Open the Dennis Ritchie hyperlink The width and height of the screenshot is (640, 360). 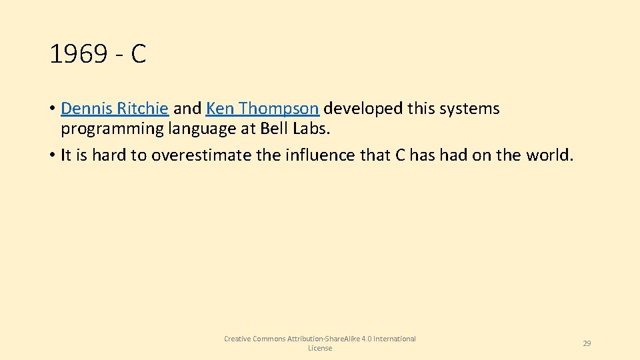114,109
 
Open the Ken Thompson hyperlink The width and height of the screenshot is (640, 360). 263,109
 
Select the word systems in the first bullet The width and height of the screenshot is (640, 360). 471,109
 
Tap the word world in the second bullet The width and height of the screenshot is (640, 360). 547,155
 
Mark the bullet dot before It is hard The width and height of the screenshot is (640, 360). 51,156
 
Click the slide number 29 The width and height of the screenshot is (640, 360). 587,343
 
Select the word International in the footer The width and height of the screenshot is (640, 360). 394,339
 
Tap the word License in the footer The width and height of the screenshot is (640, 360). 320,348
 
